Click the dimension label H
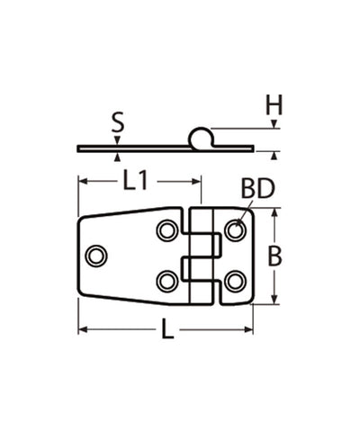pos(274,105)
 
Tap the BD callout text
pos(258,189)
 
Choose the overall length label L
pos(167,331)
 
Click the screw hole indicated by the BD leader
pos(235,230)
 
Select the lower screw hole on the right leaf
pos(235,281)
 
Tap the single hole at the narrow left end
pos(96,256)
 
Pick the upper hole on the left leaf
pos(166,230)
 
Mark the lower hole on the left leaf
pos(166,281)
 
